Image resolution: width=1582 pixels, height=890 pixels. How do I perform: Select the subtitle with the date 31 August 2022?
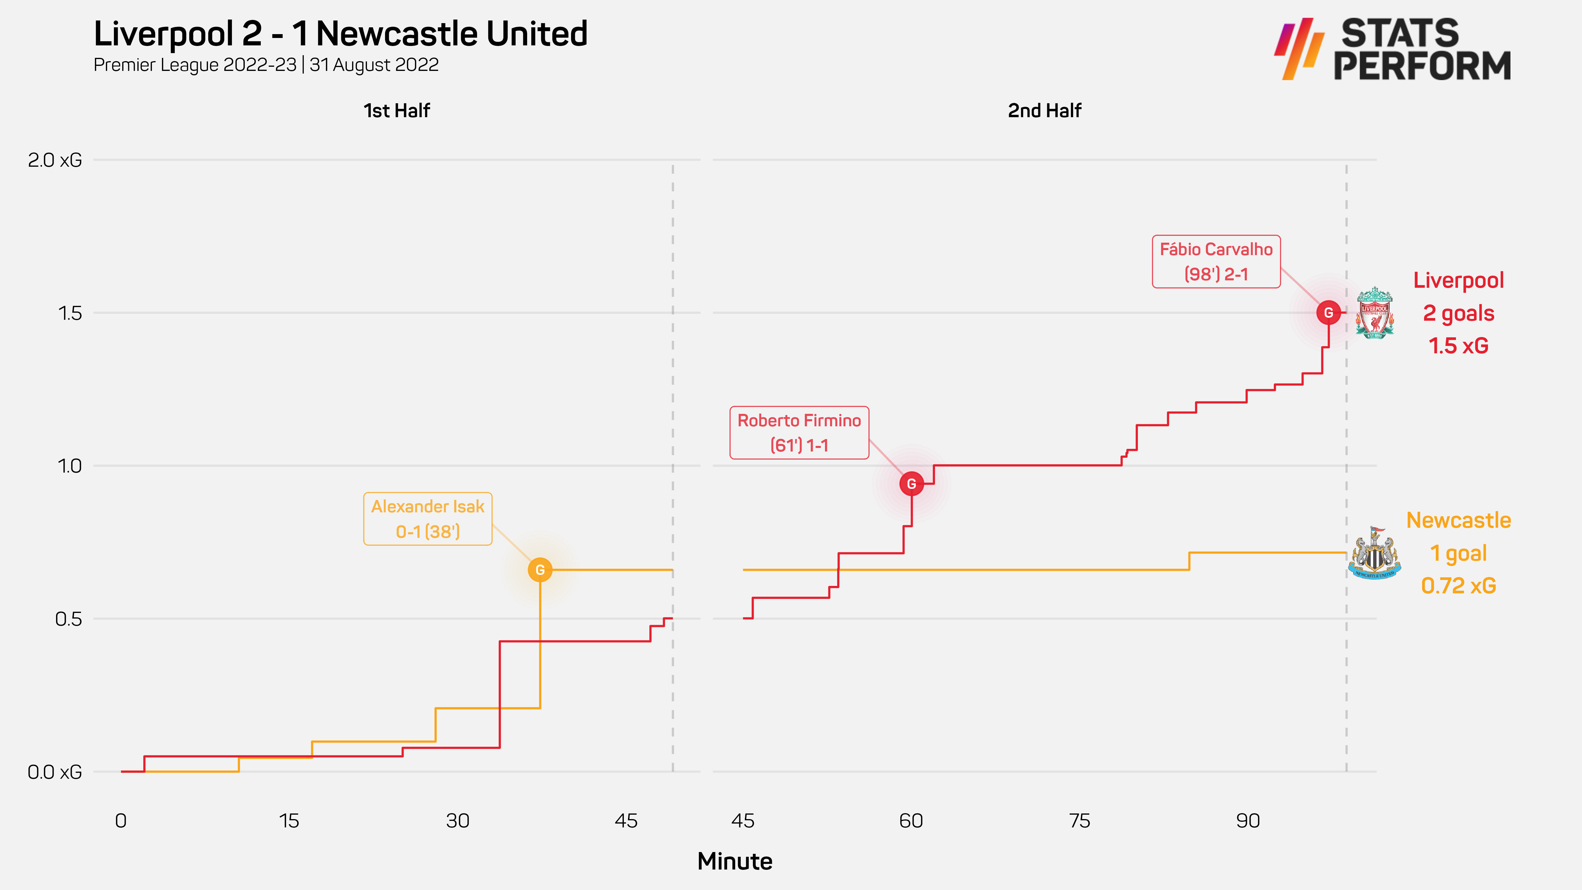tap(266, 65)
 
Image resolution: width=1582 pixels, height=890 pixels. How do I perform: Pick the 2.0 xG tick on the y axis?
tap(55, 160)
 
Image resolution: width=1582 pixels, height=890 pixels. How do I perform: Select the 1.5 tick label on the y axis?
tap(69, 313)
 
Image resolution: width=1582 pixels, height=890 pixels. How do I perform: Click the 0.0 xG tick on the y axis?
tap(55, 772)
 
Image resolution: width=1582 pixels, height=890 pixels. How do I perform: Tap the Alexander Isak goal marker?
tap(540, 570)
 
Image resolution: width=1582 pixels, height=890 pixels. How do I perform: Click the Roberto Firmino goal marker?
tap(911, 484)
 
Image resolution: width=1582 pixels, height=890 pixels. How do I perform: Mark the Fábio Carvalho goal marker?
tap(1328, 313)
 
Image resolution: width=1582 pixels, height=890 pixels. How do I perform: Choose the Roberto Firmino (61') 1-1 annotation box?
tap(799, 433)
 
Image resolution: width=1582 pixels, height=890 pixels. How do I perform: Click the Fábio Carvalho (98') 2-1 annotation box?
tap(1216, 262)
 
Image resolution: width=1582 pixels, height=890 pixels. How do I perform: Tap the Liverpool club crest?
tap(1374, 313)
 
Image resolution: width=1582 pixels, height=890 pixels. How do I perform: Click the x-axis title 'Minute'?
tap(734, 861)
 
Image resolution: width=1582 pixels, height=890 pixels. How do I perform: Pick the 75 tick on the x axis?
tap(1079, 821)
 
